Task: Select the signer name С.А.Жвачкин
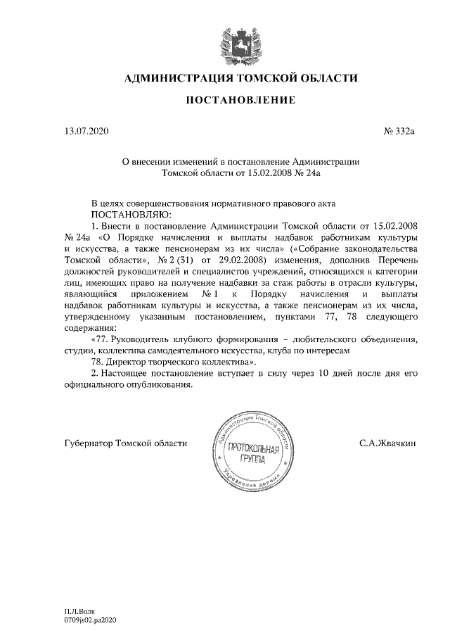387,443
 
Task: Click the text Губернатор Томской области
126,443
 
